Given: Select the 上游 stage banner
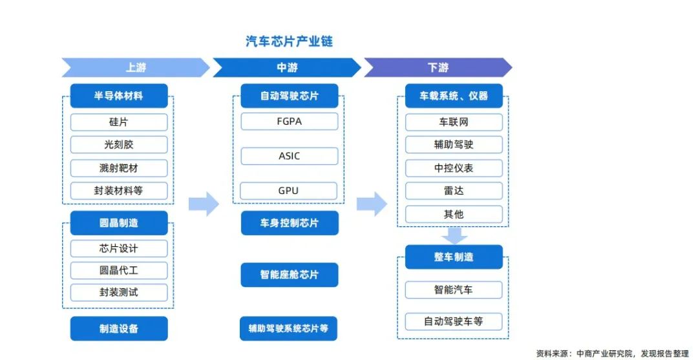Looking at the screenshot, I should click(135, 67).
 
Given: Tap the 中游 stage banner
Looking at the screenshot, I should click(286, 67).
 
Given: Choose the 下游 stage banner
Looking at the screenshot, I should click(438, 67).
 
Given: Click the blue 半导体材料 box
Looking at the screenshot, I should click(119, 96).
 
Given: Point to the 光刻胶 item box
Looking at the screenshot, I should click(119, 145).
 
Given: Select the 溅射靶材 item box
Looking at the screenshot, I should click(119, 168).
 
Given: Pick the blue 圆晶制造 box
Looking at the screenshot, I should click(119, 223).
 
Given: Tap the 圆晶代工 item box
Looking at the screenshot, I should click(119, 270).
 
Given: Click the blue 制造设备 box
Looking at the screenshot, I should click(119, 328).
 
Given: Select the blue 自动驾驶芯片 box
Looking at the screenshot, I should click(289, 96).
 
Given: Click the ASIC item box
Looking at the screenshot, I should click(289, 156).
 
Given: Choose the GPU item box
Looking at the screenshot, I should click(289, 191).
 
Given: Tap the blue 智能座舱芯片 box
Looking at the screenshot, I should click(289, 275).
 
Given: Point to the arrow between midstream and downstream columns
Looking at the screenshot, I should click(372, 204).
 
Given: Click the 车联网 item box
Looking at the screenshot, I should click(454, 122).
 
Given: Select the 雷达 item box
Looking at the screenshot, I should click(454, 191).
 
